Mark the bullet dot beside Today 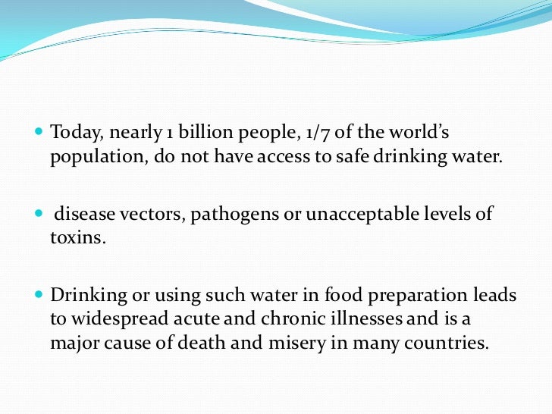pos(40,133)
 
